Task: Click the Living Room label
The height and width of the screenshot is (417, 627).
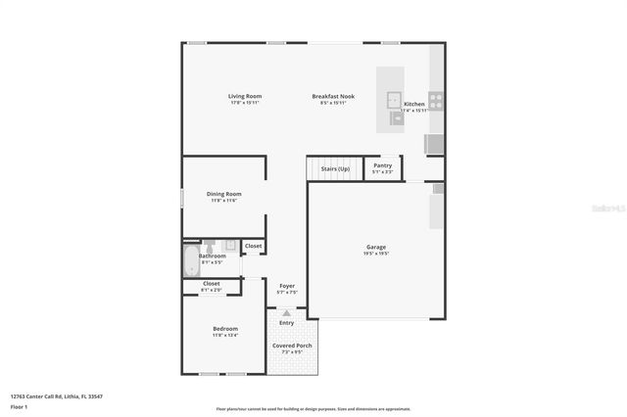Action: coord(244,96)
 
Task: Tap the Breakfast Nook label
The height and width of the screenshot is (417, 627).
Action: coord(333,96)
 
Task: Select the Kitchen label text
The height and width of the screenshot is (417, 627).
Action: coord(414,104)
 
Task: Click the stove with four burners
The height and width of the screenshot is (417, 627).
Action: coord(435,99)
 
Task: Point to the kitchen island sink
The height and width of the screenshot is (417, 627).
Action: coord(392,98)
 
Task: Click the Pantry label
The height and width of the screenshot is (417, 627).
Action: coord(382,165)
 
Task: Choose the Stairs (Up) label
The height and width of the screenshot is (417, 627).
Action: coord(335,169)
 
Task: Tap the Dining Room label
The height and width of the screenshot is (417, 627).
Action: coord(223,194)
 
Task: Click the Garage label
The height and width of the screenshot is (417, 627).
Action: coord(376,247)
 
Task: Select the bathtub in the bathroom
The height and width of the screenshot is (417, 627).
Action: coord(190,260)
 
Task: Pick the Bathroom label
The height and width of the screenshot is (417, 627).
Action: coord(213,256)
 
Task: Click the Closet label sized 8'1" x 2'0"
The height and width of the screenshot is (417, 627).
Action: coord(212,285)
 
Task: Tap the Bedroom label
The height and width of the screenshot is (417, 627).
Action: coord(225,328)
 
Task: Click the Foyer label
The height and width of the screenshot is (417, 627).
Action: coord(287,286)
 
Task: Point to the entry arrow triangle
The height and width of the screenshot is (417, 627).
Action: coord(286,313)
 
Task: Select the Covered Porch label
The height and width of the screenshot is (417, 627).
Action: coord(292,346)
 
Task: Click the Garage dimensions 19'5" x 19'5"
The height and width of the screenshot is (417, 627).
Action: coord(376,254)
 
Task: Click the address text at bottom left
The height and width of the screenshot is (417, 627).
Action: coord(56,396)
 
